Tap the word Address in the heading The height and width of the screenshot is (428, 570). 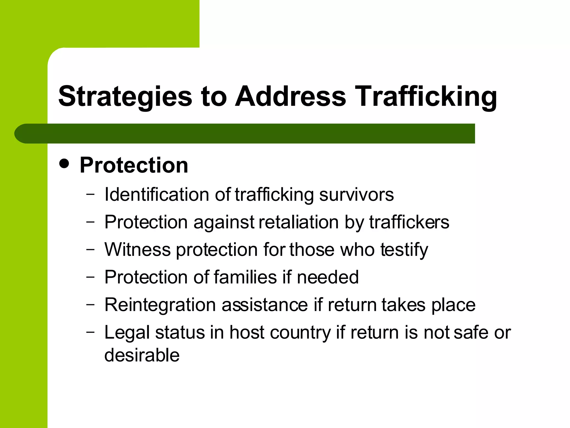tap(291, 96)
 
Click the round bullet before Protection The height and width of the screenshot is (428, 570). tap(64, 164)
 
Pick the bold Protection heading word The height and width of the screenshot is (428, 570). tap(134, 165)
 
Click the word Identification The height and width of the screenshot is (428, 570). tap(157, 194)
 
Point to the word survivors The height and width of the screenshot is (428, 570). tap(357, 194)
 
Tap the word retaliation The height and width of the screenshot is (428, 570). tap(298, 222)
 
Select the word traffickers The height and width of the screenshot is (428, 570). tap(409, 222)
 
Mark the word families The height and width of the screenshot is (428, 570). tap(245, 277)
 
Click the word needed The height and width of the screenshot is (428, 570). tap(328, 277)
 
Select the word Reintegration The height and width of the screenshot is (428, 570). tap(160, 305)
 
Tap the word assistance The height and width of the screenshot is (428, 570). tap(265, 305)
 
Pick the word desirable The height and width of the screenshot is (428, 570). tap(142, 355)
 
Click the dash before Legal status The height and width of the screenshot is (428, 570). tap(90, 332)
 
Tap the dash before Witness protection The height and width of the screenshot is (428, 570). tap(90, 249)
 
